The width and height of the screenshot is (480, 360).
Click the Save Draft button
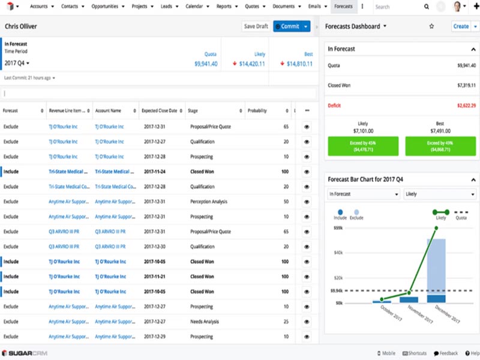point(256,26)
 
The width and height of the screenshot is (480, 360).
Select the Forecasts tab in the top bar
point(344,7)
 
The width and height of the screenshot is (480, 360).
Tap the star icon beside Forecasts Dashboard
point(431,26)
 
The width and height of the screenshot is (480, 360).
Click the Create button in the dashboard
point(461,26)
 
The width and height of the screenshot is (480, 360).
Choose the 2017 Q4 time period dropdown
point(17,63)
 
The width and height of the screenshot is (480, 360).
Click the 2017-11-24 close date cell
point(154,171)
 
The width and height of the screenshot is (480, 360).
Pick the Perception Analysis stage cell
point(209,202)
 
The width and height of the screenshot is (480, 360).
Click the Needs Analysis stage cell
point(205,322)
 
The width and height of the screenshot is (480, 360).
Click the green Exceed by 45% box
point(363,146)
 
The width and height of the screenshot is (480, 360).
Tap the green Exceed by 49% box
point(440,146)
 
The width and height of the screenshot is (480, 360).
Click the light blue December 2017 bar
point(436,266)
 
